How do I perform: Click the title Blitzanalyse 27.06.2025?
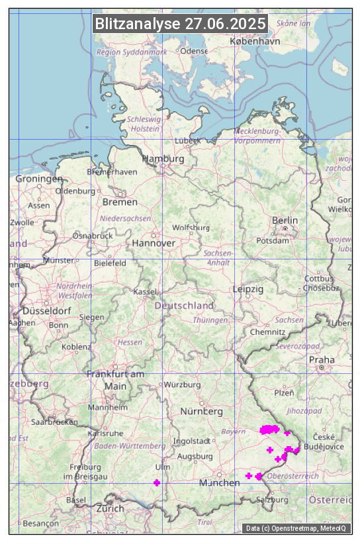180,24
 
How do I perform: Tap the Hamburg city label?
163,159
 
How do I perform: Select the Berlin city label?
285,220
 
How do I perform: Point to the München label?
219,482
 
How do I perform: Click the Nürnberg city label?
202,411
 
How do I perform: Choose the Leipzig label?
248,289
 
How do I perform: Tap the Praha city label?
321,359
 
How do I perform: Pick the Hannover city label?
154,243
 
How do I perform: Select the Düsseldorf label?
46,310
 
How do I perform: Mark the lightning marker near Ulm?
156,482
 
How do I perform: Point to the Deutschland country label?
184,306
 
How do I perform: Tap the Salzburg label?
272,500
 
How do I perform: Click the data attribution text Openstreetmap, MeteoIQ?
296,528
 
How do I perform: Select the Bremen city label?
120,202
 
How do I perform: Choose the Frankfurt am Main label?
115,380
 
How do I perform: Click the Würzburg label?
183,385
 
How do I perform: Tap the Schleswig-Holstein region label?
144,124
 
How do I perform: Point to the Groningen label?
39,179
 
